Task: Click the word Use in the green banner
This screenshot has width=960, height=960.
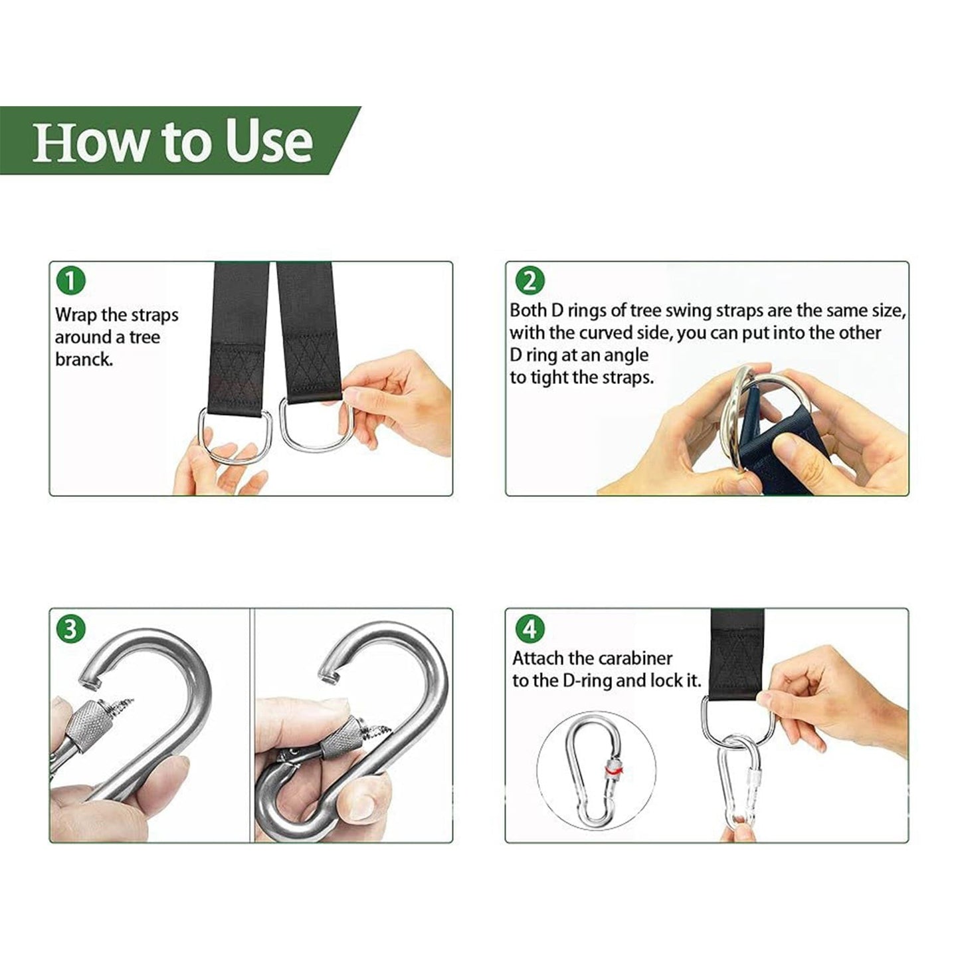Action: click(x=269, y=142)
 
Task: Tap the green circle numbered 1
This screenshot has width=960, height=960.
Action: click(x=71, y=281)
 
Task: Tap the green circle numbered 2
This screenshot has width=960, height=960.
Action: click(x=529, y=281)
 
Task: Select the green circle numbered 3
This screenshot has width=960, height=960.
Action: click(x=71, y=628)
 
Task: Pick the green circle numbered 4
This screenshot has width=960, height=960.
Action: click(x=529, y=628)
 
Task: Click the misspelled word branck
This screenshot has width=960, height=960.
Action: click(x=84, y=359)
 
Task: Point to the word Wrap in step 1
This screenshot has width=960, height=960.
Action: click(x=76, y=315)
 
